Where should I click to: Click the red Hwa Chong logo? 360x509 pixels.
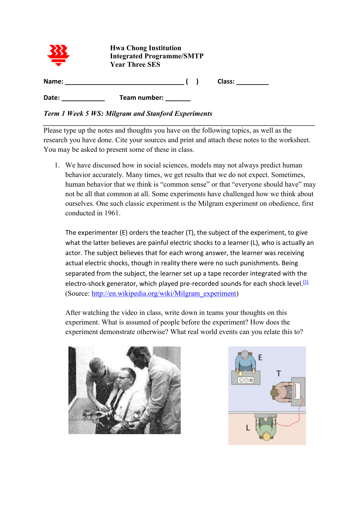58,55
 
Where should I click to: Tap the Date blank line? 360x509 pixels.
83,99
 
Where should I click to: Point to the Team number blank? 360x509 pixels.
178,99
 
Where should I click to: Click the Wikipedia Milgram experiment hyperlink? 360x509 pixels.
164,293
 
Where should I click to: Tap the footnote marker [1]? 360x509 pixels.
306,282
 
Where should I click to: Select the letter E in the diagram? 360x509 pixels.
260,358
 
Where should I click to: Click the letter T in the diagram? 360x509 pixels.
278,373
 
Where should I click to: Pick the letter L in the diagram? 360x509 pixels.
248,428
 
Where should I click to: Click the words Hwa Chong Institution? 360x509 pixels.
146,48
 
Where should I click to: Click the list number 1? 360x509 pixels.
57,165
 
